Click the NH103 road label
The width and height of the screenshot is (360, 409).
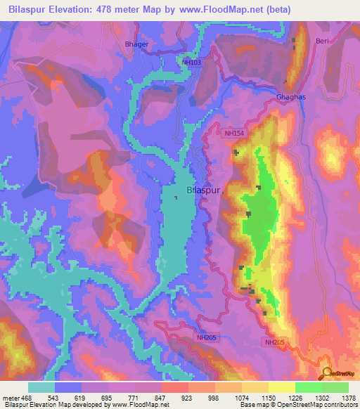(191, 63)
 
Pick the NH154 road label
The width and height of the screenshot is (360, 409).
(234, 133)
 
